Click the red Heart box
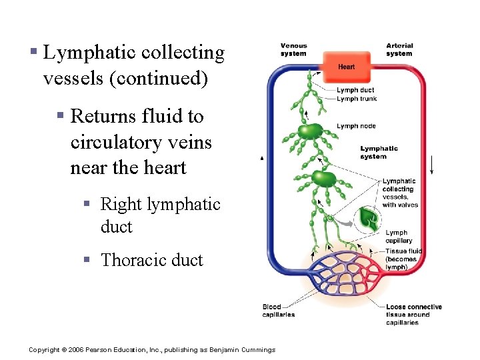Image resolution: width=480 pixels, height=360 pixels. tap(346, 67)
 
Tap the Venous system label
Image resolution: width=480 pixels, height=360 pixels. tap(293, 49)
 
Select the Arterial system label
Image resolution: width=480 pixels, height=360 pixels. tap(399, 49)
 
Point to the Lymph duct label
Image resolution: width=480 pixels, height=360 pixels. tap(355, 90)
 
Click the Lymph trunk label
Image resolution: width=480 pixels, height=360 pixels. tap(357, 99)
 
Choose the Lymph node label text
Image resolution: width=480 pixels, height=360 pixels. tap(356, 126)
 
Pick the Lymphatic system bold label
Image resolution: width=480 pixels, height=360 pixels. tap(379, 152)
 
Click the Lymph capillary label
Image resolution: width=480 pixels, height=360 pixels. tap(399, 237)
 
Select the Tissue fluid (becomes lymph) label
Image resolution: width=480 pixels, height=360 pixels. tap(403, 259)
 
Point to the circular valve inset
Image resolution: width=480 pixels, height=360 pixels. tap(367, 219)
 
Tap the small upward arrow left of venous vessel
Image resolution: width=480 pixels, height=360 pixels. tap(262, 158)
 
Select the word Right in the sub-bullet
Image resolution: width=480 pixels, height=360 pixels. tap(118, 204)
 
